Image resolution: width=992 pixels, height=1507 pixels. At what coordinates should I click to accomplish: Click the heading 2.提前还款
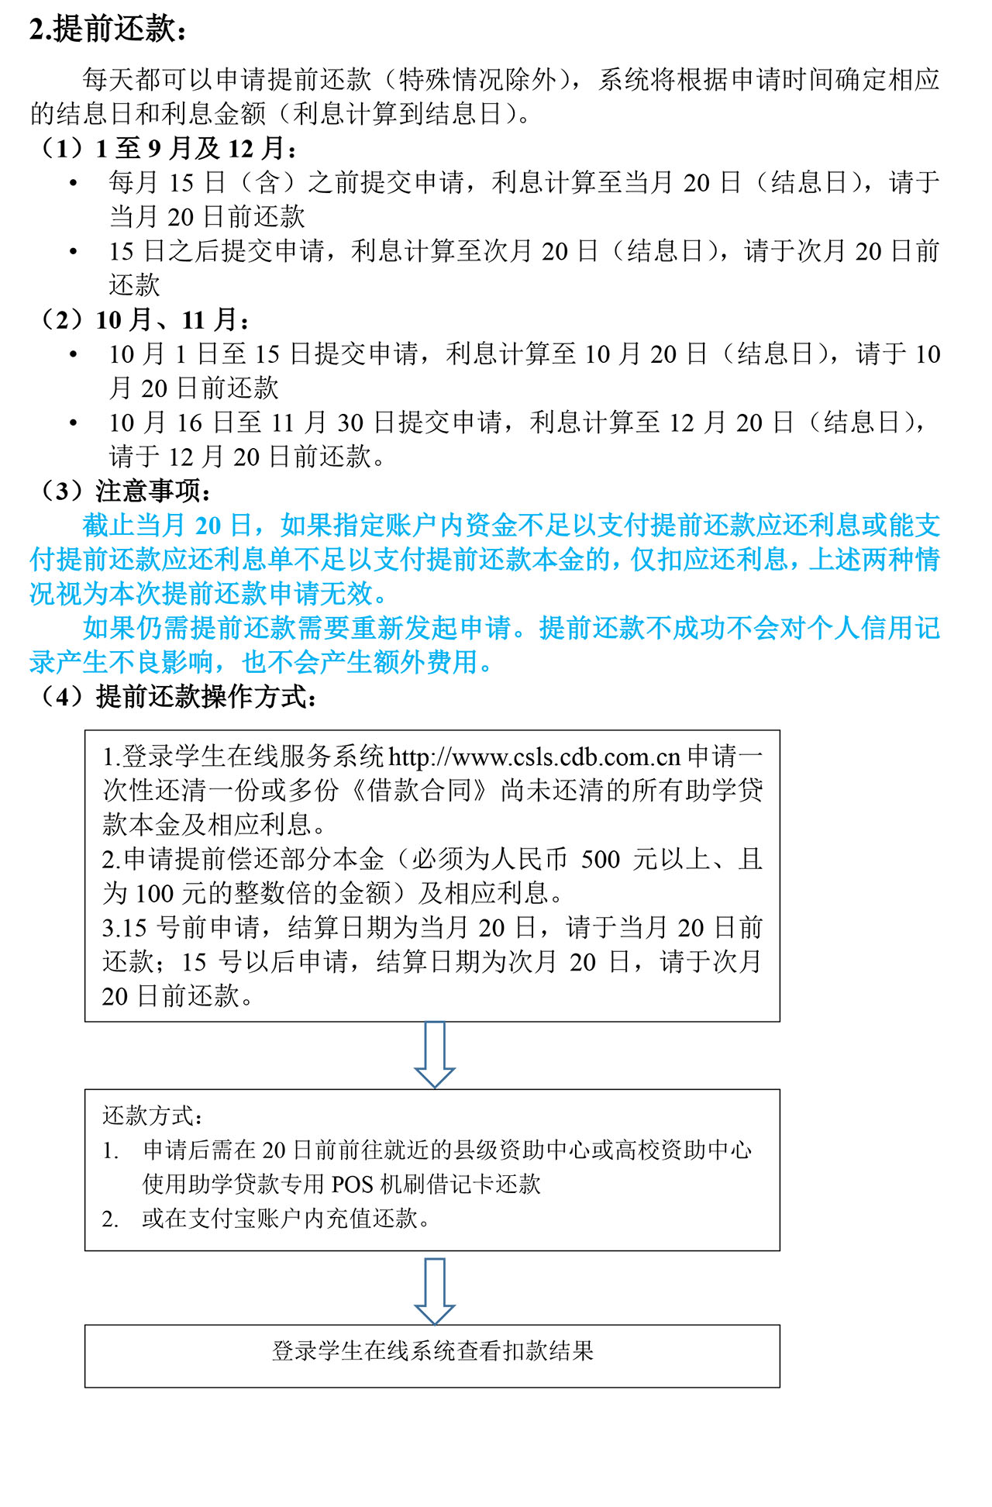108,29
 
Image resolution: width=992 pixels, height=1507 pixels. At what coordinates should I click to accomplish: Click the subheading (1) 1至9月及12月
167,148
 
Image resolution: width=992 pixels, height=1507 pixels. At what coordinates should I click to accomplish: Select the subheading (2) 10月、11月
144,319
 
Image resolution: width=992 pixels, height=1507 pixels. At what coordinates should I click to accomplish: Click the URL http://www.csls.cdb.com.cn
534,757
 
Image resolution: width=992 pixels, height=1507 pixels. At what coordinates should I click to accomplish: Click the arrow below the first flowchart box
435,1054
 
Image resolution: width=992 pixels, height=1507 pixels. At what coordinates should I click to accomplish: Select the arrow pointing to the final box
435,1290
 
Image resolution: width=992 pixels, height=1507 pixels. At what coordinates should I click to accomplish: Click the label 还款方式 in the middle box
150,1116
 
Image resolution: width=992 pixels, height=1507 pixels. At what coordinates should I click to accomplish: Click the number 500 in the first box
601,859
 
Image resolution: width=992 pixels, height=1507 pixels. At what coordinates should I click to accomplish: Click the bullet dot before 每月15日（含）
74,183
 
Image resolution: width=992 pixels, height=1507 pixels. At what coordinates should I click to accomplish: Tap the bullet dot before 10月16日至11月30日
74,423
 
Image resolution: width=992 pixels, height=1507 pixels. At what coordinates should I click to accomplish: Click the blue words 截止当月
136,526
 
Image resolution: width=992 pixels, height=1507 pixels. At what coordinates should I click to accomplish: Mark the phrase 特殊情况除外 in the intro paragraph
477,79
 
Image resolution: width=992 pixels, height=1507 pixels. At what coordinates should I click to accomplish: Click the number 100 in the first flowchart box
154,893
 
